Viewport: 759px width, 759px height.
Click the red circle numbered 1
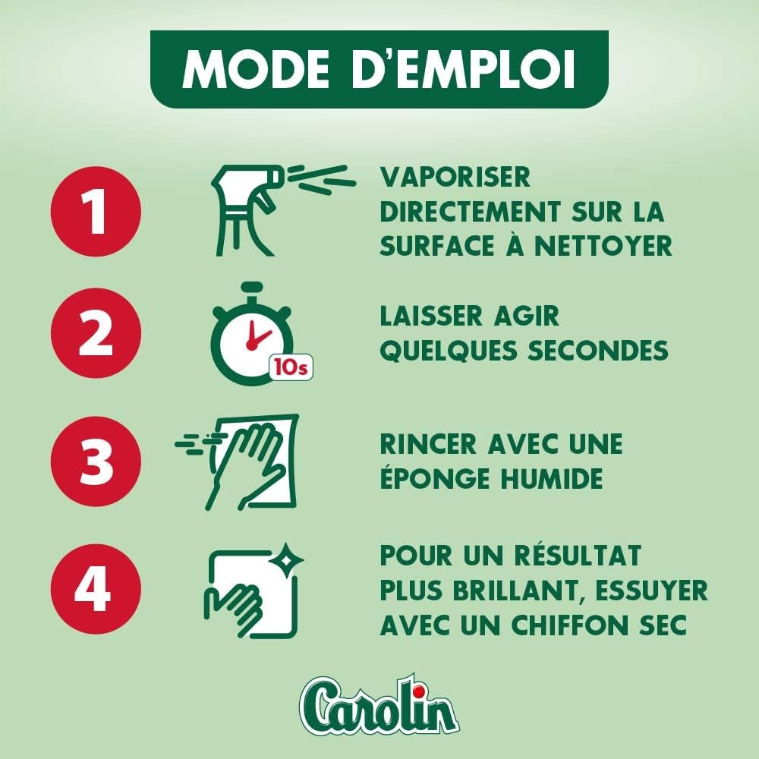(96, 212)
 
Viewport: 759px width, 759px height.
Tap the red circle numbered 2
(96, 333)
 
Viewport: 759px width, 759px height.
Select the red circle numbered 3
(96, 461)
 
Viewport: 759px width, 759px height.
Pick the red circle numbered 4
(96, 589)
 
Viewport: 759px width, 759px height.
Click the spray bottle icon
(283, 209)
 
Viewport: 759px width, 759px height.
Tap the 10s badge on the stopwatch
(291, 367)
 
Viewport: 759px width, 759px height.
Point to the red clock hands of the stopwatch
(257, 335)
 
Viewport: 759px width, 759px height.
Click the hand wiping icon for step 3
(237, 462)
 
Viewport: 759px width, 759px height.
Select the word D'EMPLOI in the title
(462, 69)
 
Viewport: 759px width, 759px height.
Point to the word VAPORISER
(455, 177)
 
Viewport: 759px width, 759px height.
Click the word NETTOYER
(603, 246)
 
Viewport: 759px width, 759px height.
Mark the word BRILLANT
(519, 591)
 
